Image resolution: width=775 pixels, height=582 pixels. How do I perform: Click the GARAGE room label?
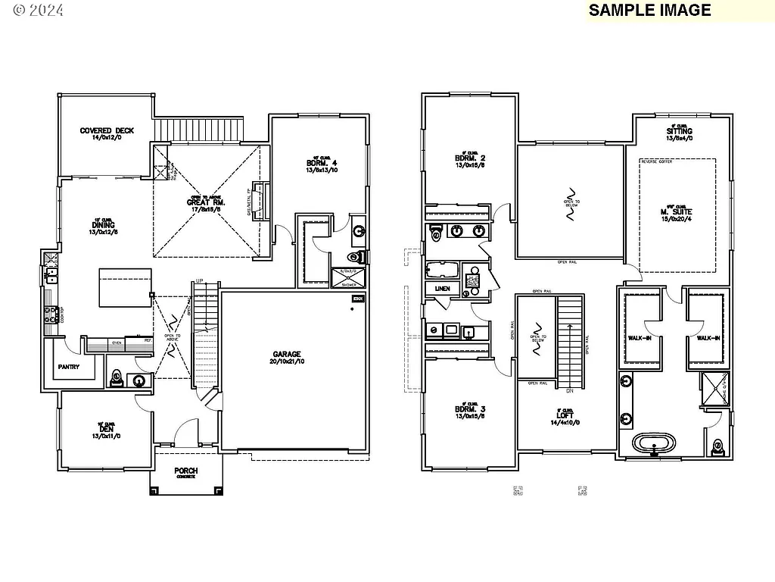pos(287,354)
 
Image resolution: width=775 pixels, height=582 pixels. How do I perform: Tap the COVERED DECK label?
pos(106,131)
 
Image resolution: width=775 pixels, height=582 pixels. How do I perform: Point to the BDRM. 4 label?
pos(319,163)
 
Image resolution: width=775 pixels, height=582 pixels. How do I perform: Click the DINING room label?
pos(103,225)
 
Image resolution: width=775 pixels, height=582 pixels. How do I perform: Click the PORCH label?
pos(185,471)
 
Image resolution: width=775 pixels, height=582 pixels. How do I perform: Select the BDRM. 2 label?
pos(469,158)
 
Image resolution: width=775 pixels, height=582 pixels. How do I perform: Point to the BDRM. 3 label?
pos(470,409)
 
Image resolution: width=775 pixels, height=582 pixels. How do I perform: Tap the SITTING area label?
pos(679,132)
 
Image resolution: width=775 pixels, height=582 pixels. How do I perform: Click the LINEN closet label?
pos(443,289)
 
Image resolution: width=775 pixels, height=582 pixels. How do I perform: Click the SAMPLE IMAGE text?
pos(649,10)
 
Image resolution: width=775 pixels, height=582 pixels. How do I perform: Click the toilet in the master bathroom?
pos(717,447)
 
